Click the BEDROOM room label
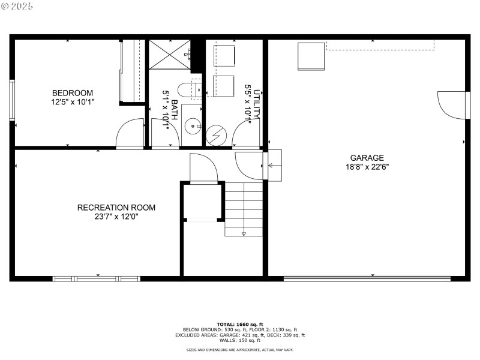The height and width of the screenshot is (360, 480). click(x=73, y=93)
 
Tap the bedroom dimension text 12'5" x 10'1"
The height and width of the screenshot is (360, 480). click(x=73, y=102)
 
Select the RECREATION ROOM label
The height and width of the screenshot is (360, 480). click(x=116, y=208)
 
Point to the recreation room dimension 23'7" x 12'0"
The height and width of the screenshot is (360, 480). click(x=116, y=217)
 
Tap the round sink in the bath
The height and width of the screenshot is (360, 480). click(x=192, y=126)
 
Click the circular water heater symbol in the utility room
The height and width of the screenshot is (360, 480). click(x=215, y=135)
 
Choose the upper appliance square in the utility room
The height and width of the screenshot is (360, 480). click(x=225, y=56)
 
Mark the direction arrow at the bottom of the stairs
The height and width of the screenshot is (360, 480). click(x=244, y=233)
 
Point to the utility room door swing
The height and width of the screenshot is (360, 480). click(x=246, y=133)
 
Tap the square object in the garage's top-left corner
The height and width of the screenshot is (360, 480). click(x=311, y=56)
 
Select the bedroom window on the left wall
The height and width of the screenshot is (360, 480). click(x=11, y=100)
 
